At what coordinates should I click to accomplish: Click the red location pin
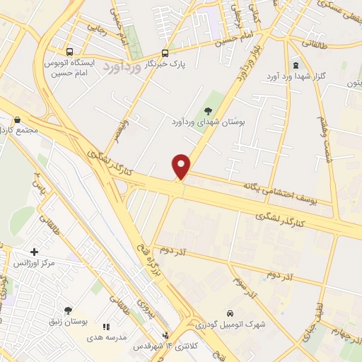tap(182, 165)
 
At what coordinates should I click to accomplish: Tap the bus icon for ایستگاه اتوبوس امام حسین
tap(69, 52)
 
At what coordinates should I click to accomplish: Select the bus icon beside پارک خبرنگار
tap(165, 53)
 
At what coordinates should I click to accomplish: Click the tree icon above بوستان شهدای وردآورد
tap(208, 110)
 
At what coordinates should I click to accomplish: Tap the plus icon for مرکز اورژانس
tap(35, 251)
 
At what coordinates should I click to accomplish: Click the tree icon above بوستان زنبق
tap(68, 310)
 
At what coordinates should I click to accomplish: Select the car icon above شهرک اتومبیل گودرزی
tap(230, 313)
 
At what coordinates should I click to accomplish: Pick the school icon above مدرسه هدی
tap(107, 327)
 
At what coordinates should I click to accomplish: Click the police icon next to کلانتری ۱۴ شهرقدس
tap(165, 337)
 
